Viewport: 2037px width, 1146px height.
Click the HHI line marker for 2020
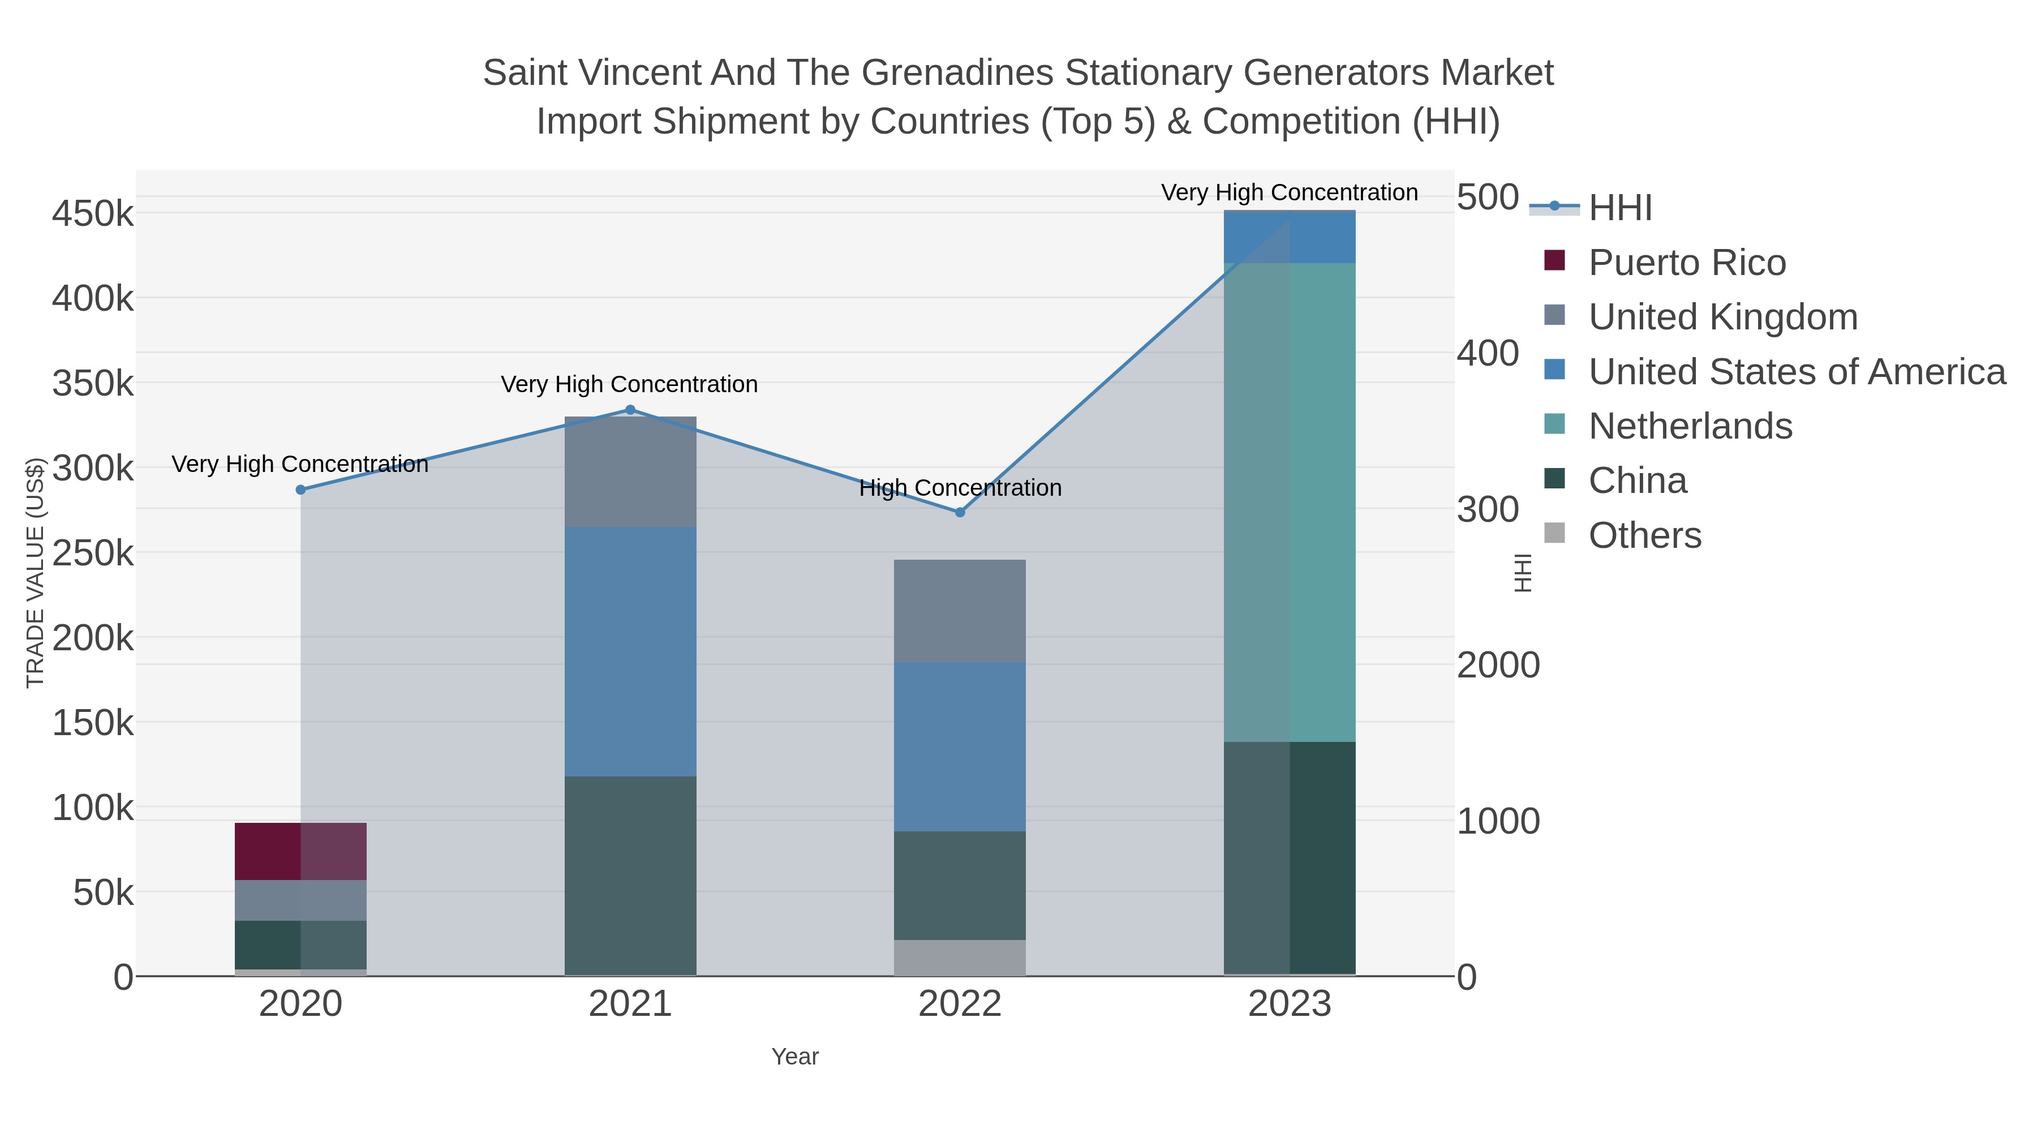click(300, 490)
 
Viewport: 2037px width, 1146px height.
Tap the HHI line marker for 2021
click(630, 410)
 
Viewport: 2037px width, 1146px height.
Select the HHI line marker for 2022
click(960, 513)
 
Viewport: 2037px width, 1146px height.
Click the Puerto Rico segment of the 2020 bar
click(300, 851)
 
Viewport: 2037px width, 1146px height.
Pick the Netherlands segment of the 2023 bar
click(1290, 502)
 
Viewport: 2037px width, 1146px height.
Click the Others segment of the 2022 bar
click(960, 957)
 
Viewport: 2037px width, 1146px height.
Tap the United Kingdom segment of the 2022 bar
click(960, 611)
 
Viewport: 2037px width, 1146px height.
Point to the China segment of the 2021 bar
click(630, 875)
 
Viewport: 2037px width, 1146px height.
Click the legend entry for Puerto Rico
click(1686, 263)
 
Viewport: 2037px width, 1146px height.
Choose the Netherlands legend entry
click(1689, 426)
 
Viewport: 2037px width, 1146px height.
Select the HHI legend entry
click(1619, 208)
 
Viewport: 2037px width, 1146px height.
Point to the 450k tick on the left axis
click(93, 213)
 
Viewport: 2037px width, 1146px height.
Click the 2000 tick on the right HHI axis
click(1498, 665)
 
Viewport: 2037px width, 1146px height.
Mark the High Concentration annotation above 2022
click(960, 488)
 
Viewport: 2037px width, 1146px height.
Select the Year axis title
click(795, 1057)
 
